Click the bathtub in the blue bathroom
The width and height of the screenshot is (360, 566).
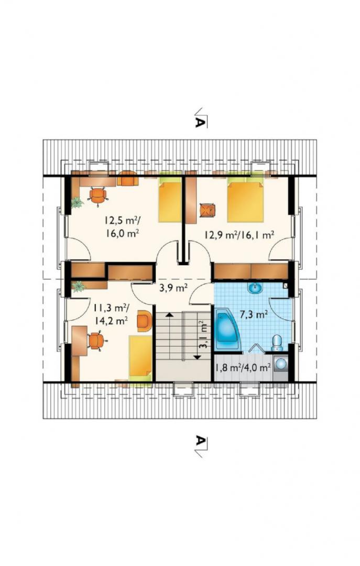(227, 329)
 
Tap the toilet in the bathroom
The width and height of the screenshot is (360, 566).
(277, 343)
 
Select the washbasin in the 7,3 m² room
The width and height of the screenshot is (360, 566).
(256, 288)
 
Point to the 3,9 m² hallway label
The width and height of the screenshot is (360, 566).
(173, 288)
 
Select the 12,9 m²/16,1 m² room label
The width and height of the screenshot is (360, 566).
(238, 235)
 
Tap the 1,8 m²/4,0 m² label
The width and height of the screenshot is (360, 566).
(243, 368)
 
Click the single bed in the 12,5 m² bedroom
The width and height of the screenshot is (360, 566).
(170, 200)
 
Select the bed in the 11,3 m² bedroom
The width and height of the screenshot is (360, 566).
(140, 358)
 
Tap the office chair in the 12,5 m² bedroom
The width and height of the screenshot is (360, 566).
(98, 195)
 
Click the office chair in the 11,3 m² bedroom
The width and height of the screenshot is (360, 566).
(96, 341)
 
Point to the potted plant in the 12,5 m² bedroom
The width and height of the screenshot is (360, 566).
(77, 203)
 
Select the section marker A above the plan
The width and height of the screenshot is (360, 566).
(200, 118)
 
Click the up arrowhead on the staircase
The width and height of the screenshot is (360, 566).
(169, 315)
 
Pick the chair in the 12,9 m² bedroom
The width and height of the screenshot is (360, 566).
(208, 211)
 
